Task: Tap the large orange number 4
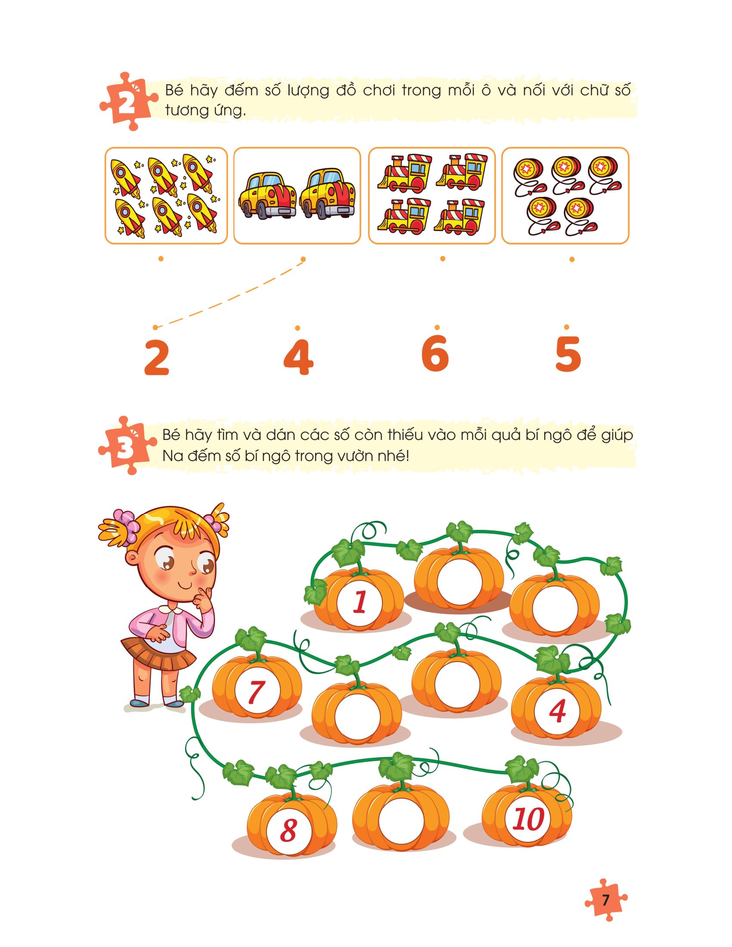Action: tap(298, 357)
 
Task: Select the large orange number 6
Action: tap(435, 353)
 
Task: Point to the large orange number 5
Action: tap(568, 354)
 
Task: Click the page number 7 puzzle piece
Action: tap(606, 900)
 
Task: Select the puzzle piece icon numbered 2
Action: tap(127, 102)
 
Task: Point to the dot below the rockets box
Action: tap(161, 259)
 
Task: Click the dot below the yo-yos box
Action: tap(572, 259)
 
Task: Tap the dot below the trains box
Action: tap(442, 259)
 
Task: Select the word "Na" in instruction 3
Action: tap(172, 456)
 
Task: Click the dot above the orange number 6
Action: tap(437, 328)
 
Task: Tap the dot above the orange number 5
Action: tap(566, 328)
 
